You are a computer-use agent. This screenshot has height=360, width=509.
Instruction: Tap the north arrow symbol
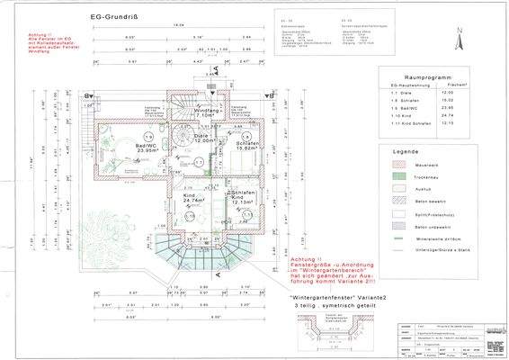click(459, 36)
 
